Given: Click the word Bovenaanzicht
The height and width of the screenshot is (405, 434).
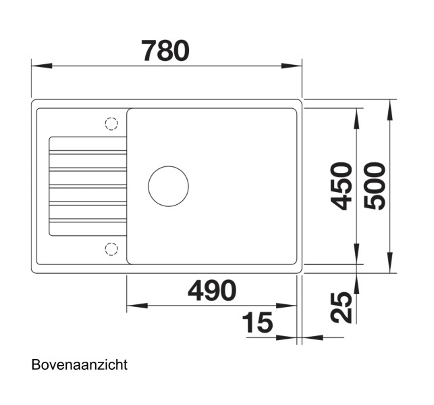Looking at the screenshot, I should (79, 365).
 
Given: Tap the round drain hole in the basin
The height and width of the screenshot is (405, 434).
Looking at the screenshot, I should (168, 186).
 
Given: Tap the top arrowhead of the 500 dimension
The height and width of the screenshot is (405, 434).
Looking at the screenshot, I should (390, 109).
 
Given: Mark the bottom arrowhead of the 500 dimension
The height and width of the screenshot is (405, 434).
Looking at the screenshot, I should (390, 264).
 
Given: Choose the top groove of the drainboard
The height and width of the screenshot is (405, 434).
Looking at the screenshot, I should (88, 151).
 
